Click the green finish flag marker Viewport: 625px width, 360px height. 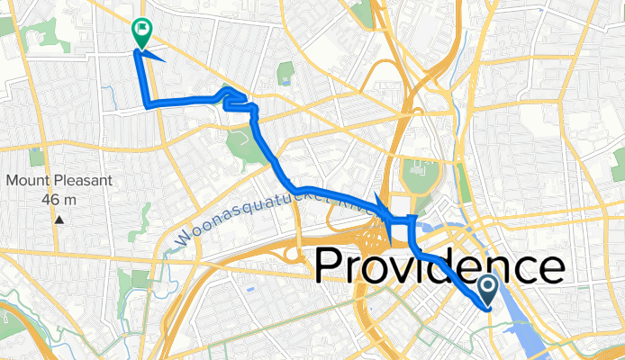141,32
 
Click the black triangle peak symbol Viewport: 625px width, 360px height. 59,219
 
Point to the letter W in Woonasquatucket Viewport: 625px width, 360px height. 177,242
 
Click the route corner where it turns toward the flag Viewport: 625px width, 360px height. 148,105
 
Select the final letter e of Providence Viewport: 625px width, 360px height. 550,268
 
